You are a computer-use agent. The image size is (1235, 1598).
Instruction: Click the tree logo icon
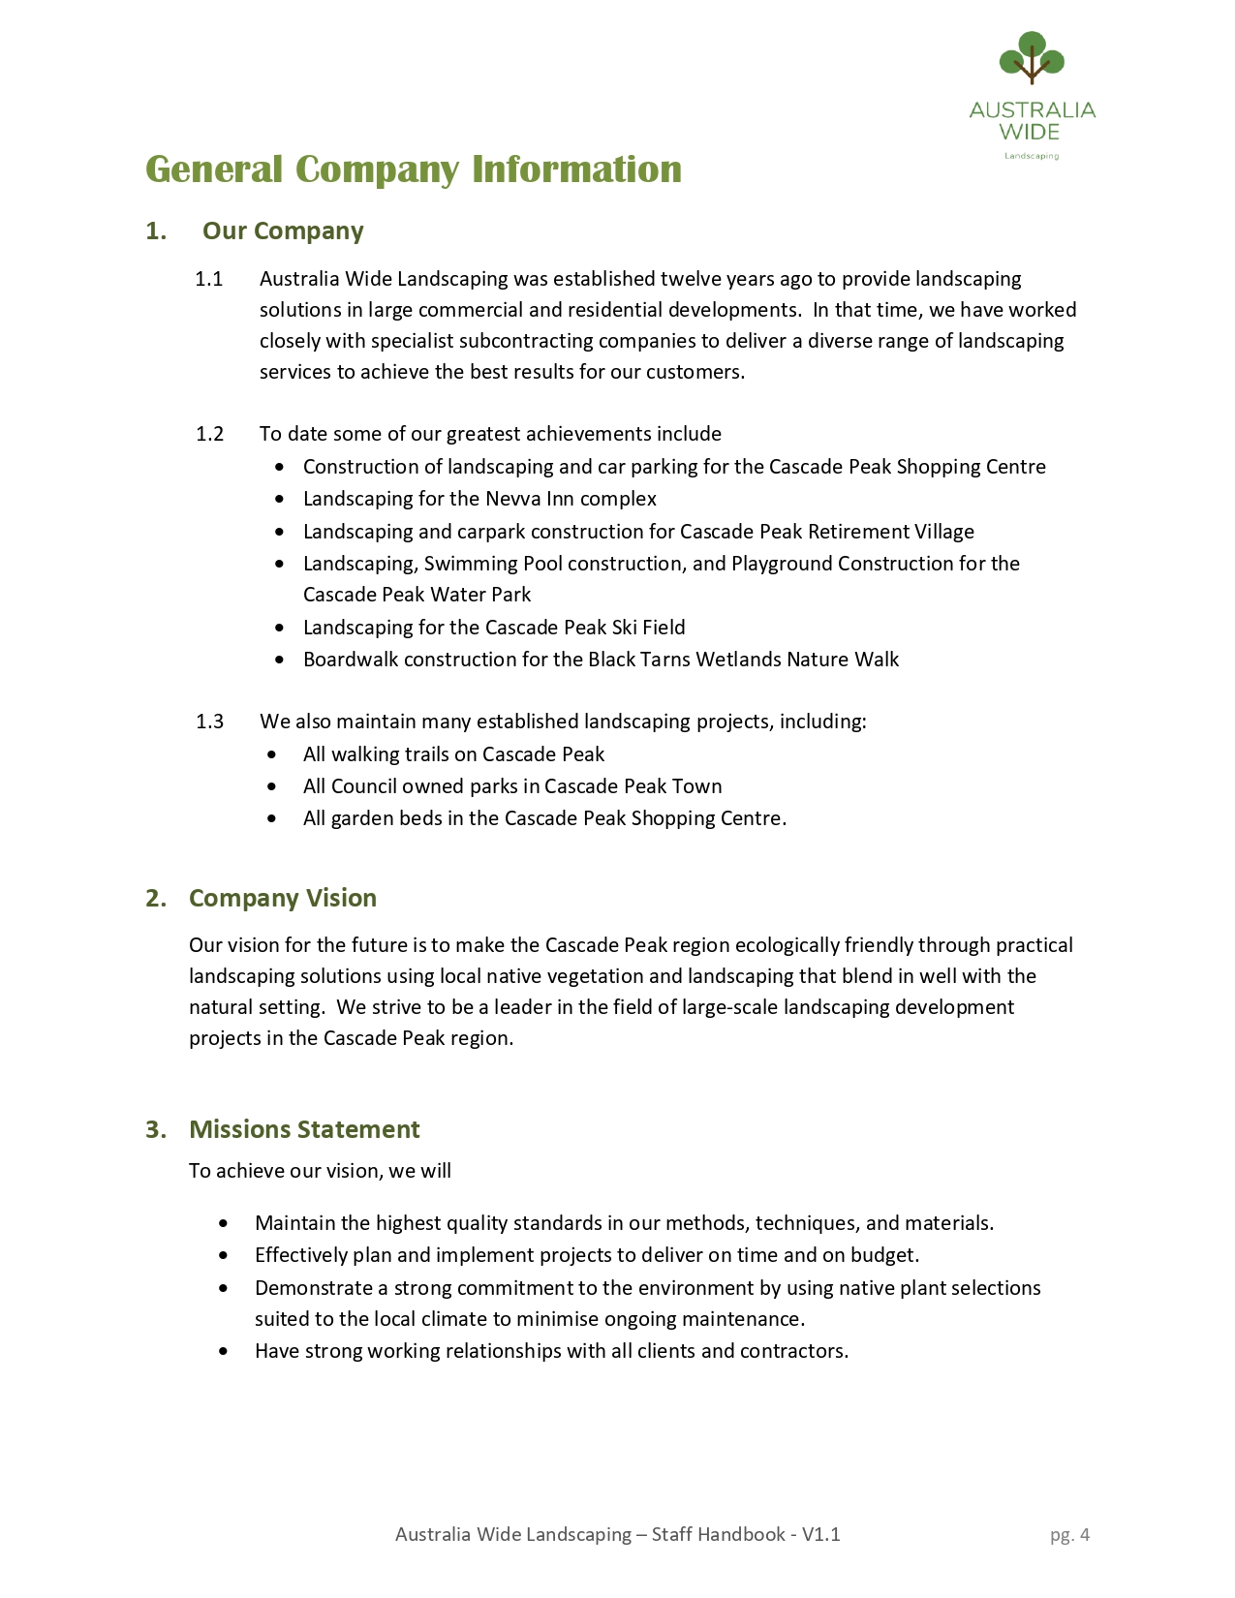[x=1032, y=58]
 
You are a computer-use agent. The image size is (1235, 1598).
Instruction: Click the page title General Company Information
[x=414, y=169]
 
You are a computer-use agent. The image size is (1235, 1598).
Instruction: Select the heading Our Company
[x=283, y=231]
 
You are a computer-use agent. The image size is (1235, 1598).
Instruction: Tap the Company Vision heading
[x=282, y=899]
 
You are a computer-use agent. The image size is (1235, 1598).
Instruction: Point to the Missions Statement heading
[x=304, y=1130]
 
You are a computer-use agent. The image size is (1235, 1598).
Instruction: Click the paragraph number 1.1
[x=209, y=280]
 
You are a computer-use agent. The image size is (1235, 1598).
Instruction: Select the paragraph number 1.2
[x=209, y=434]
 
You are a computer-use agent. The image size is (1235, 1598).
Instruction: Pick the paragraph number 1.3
[x=209, y=722]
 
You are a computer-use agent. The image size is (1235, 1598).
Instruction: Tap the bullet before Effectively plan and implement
[x=225, y=1256]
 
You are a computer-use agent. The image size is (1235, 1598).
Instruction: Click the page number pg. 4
[x=1069, y=1535]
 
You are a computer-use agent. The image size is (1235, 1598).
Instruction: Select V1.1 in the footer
[x=820, y=1535]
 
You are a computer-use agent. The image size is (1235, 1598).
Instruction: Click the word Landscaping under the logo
[x=1031, y=156]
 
